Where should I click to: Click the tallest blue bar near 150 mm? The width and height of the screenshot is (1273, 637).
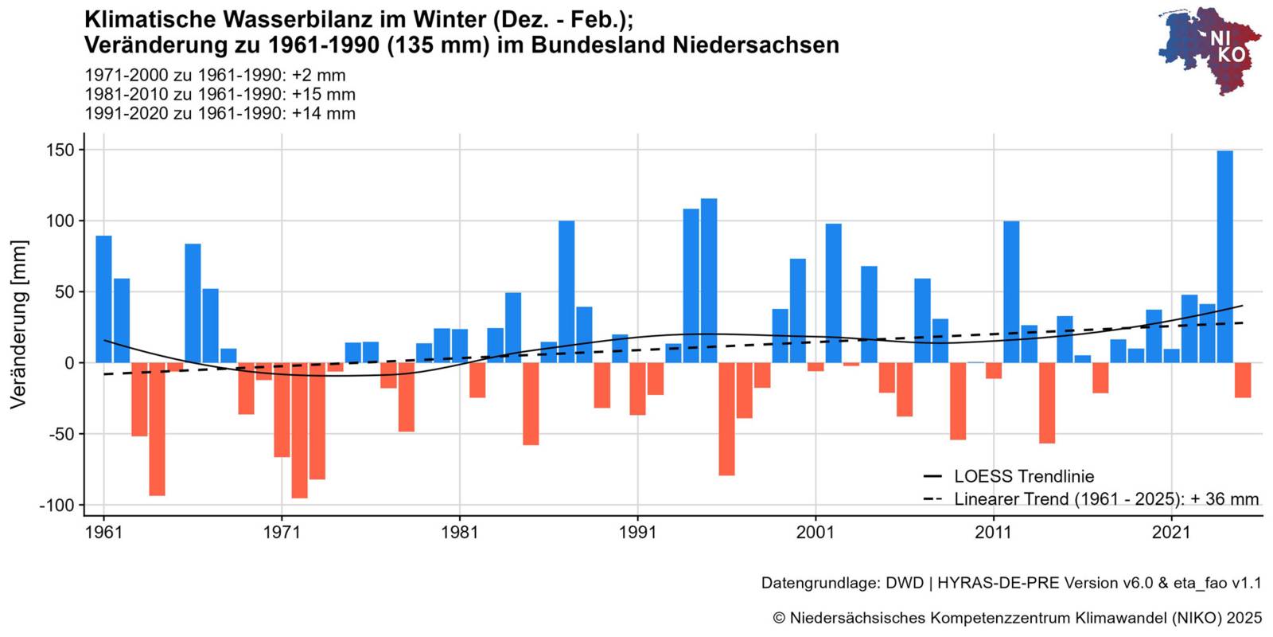coord(1224,256)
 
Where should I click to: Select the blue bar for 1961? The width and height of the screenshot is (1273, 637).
coord(103,299)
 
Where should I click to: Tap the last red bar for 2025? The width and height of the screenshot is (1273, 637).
coord(1243,380)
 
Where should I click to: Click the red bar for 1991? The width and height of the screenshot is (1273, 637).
coord(637,389)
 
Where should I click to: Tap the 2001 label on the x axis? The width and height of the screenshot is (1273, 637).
coord(816,532)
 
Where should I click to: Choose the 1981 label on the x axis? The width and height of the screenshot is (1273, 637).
coord(459,532)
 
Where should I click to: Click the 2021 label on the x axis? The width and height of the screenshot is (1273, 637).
coord(1171,532)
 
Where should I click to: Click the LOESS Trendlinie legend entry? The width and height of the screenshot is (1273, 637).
coord(1023,476)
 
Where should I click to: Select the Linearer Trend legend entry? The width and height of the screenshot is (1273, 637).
coord(1106,499)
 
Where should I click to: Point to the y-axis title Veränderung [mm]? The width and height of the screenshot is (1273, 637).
coord(18,324)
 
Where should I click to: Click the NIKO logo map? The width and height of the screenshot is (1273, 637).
coord(1209,49)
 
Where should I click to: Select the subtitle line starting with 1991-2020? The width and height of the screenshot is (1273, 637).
coord(220,113)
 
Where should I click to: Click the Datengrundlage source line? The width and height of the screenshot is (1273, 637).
coord(1010,583)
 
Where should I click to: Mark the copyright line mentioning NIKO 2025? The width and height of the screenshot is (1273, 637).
coord(1017,618)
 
